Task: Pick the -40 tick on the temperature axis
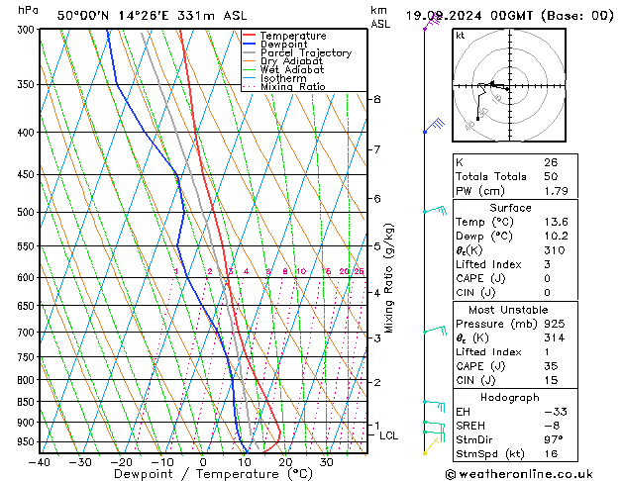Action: point(40,462)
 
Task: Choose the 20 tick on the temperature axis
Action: point(285,462)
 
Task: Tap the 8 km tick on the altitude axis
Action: point(376,99)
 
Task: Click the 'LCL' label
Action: point(388,435)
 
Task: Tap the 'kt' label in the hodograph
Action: point(461,35)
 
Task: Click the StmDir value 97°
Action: point(553,439)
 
